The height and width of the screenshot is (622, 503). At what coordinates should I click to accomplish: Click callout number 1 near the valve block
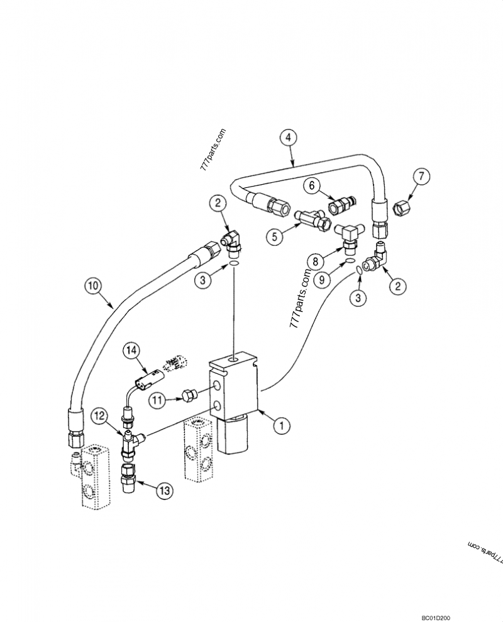(282, 425)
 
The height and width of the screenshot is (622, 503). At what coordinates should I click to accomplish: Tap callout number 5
(275, 237)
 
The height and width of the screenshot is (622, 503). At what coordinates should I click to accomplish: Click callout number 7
(421, 177)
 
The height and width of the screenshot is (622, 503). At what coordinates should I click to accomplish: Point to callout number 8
(315, 259)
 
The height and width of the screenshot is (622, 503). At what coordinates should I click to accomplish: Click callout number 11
(157, 398)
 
